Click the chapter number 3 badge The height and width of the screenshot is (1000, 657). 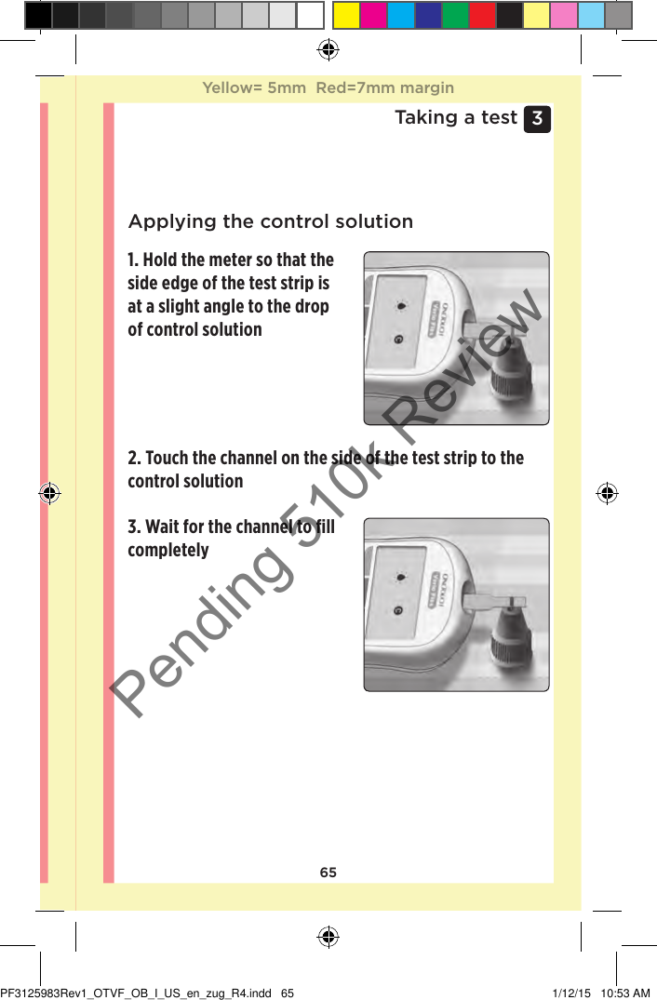537,119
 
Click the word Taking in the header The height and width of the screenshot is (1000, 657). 425,117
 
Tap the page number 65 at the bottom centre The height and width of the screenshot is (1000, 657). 328,873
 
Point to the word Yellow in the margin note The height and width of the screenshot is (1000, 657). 230,88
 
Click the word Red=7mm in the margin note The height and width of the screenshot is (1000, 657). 353,88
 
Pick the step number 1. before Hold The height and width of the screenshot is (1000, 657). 134,260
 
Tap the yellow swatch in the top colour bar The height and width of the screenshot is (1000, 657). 347,15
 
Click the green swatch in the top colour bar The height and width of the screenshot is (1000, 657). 455,15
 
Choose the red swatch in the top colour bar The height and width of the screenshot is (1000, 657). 482,15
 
